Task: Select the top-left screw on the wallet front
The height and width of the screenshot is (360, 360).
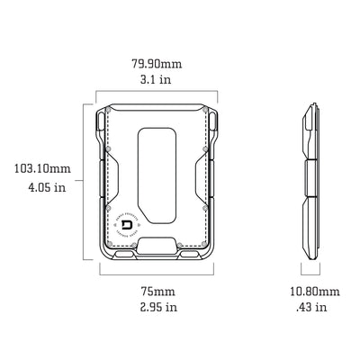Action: click(x=109, y=112)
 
